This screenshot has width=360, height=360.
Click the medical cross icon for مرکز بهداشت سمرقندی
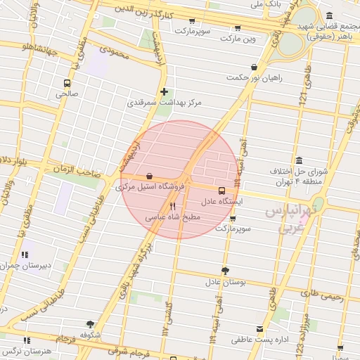point(164,91)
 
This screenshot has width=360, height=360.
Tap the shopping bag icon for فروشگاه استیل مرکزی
point(148,176)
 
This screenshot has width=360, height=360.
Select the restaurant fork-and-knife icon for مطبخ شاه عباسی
point(172,207)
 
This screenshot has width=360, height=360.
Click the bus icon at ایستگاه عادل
point(222,191)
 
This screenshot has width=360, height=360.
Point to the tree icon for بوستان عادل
point(225,271)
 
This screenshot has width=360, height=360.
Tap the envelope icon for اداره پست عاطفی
point(260,328)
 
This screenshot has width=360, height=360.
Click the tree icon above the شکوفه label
point(90,324)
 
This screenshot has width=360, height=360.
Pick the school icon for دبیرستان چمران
point(25,255)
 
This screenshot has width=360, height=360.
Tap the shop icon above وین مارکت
point(238,27)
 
